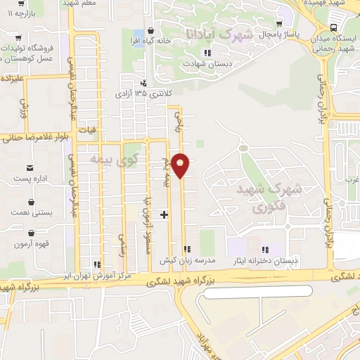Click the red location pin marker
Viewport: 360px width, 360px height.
(x=181, y=165)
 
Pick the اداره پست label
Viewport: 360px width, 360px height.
(x=31, y=179)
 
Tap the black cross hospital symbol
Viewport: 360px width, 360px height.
(x=165, y=214)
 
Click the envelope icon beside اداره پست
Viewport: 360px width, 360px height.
(x=30, y=167)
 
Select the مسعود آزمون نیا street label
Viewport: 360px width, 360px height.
(x=148, y=221)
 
